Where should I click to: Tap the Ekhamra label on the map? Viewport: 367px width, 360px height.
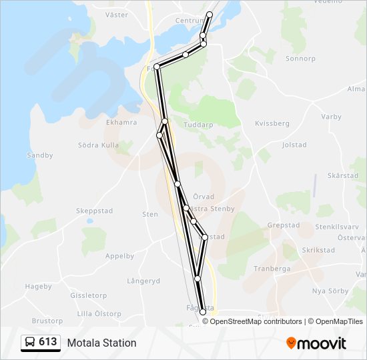[x=121, y=123]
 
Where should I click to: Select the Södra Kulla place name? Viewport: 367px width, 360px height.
[x=98, y=145]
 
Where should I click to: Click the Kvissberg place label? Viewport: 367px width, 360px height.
[x=272, y=123]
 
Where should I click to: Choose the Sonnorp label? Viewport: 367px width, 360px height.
[x=300, y=59]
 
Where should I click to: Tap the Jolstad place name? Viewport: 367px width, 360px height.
[x=294, y=145]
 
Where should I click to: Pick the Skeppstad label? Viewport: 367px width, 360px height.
[x=94, y=211]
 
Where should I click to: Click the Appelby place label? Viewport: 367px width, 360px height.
[x=120, y=256]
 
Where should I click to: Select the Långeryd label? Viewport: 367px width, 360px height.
[x=143, y=281]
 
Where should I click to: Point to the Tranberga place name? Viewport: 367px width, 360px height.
[x=272, y=269]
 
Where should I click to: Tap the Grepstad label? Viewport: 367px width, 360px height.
[x=284, y=225]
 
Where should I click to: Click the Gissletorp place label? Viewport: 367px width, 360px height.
[x=88, y=295]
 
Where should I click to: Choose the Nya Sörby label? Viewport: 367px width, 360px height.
[x=330, y=291]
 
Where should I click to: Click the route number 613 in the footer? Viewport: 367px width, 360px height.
[x=47, y=342]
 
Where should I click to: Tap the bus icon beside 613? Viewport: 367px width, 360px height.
[x=30, y=343]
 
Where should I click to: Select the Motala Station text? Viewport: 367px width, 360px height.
[x=101, y=343]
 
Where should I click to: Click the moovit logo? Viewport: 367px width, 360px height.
[x=316, y=343]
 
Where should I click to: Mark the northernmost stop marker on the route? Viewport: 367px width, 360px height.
[x=210, y=15]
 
